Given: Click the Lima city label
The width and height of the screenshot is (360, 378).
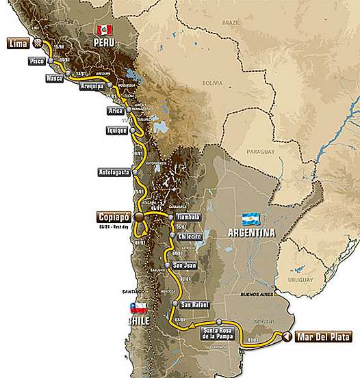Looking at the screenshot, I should [x=17, y=44].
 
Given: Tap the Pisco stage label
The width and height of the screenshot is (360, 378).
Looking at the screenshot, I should [x=38, y=61].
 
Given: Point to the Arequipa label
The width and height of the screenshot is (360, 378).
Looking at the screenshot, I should [x=90, y=89].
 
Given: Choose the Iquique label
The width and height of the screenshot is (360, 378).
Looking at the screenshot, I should [x=116, y=130].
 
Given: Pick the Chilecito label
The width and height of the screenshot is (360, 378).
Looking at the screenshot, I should [x=188, y=236].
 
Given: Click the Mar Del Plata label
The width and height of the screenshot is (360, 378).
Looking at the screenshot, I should [x=323, y=337].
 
